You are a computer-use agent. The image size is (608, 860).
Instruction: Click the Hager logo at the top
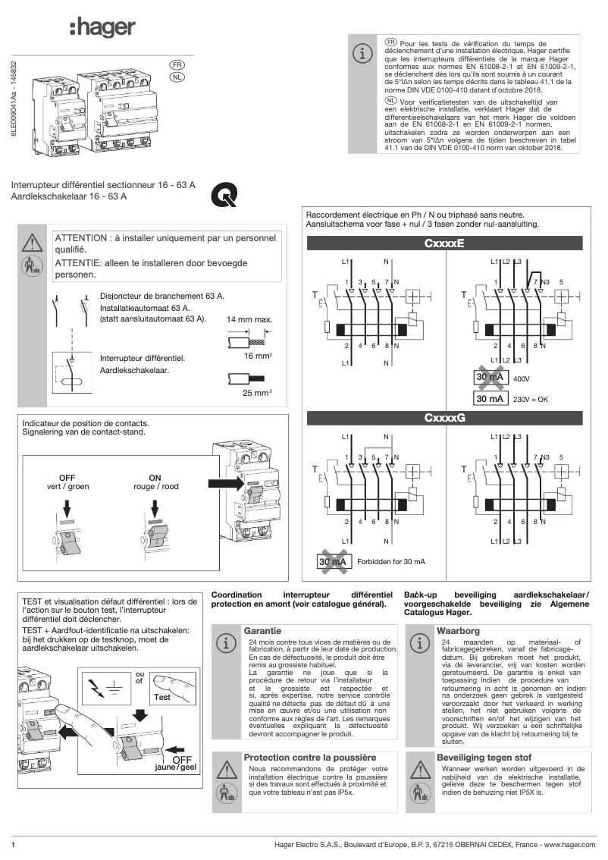coord(102,28)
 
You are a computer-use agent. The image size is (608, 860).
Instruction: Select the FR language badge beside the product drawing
coord(176,65)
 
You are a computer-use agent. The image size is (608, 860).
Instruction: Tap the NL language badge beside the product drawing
coord(176,77)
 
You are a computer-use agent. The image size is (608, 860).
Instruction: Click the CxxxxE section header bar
coord(443,243)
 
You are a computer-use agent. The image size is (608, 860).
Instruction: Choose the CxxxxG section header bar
coord(443,418)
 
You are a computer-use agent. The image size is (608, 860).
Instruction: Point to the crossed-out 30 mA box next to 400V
coord(490,377)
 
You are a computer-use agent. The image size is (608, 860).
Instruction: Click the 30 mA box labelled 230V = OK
coord(490,398)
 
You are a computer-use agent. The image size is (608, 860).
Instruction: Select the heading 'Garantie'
coord(262,630)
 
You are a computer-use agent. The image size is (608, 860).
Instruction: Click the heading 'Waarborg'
coord(458,630)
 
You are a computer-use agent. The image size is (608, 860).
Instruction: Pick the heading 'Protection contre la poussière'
coord(309,757)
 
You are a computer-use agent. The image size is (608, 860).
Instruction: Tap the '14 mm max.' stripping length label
coord(249,319)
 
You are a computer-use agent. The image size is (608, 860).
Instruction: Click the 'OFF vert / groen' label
coord(67,482)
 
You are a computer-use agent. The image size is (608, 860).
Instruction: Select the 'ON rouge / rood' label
coord(155,482)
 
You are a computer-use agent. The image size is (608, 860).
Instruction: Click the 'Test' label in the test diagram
coord(162,697)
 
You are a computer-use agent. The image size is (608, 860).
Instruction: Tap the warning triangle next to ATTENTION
coord(32,243)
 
